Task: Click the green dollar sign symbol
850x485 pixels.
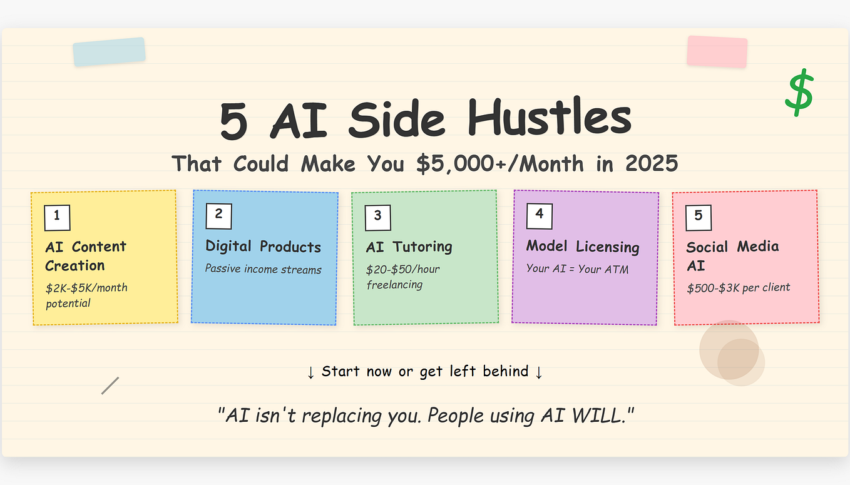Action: tap(799, 93)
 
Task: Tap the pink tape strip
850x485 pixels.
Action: tap(717, 51)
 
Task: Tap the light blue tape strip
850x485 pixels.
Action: tap(109, 51)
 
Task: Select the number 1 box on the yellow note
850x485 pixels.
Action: tap(57, 217)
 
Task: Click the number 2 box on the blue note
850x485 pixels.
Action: tap(218, 215)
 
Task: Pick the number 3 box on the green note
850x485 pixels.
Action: tap(377, 217)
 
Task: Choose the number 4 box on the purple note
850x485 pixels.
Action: tap(539, 215)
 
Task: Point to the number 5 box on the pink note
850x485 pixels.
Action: tap(699, 217)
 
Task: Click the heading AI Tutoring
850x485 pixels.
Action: tap(409, 247)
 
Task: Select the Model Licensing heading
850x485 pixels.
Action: tap(583, 247)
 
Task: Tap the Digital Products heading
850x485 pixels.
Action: tap(263, 247)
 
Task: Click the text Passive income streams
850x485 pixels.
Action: tap(263, 270)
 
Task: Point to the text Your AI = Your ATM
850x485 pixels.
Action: tap(577, 269)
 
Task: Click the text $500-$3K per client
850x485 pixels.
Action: tap(739, 288)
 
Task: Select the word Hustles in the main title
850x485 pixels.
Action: tap(549, 118)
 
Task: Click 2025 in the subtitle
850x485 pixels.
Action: tap(652, 164)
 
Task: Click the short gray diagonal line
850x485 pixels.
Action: tap(110, 385)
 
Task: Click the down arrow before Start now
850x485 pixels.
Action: tap(311, 372)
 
